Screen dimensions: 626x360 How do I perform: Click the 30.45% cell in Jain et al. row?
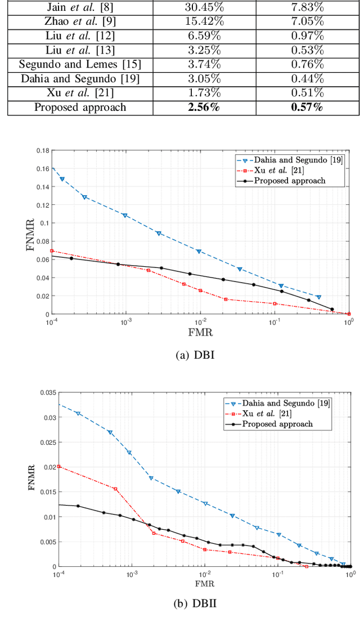(204, 7)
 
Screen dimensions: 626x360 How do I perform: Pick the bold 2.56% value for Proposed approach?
(204, 107)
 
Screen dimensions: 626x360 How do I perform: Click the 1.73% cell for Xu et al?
(204, 93)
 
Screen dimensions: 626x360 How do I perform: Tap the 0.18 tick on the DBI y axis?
(43, 151)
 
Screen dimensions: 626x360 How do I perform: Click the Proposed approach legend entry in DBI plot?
(290, 181)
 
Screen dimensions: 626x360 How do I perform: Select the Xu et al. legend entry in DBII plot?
(278, 413)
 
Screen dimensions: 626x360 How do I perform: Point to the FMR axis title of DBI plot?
(200, 332)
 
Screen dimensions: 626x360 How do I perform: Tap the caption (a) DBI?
(195, 355)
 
